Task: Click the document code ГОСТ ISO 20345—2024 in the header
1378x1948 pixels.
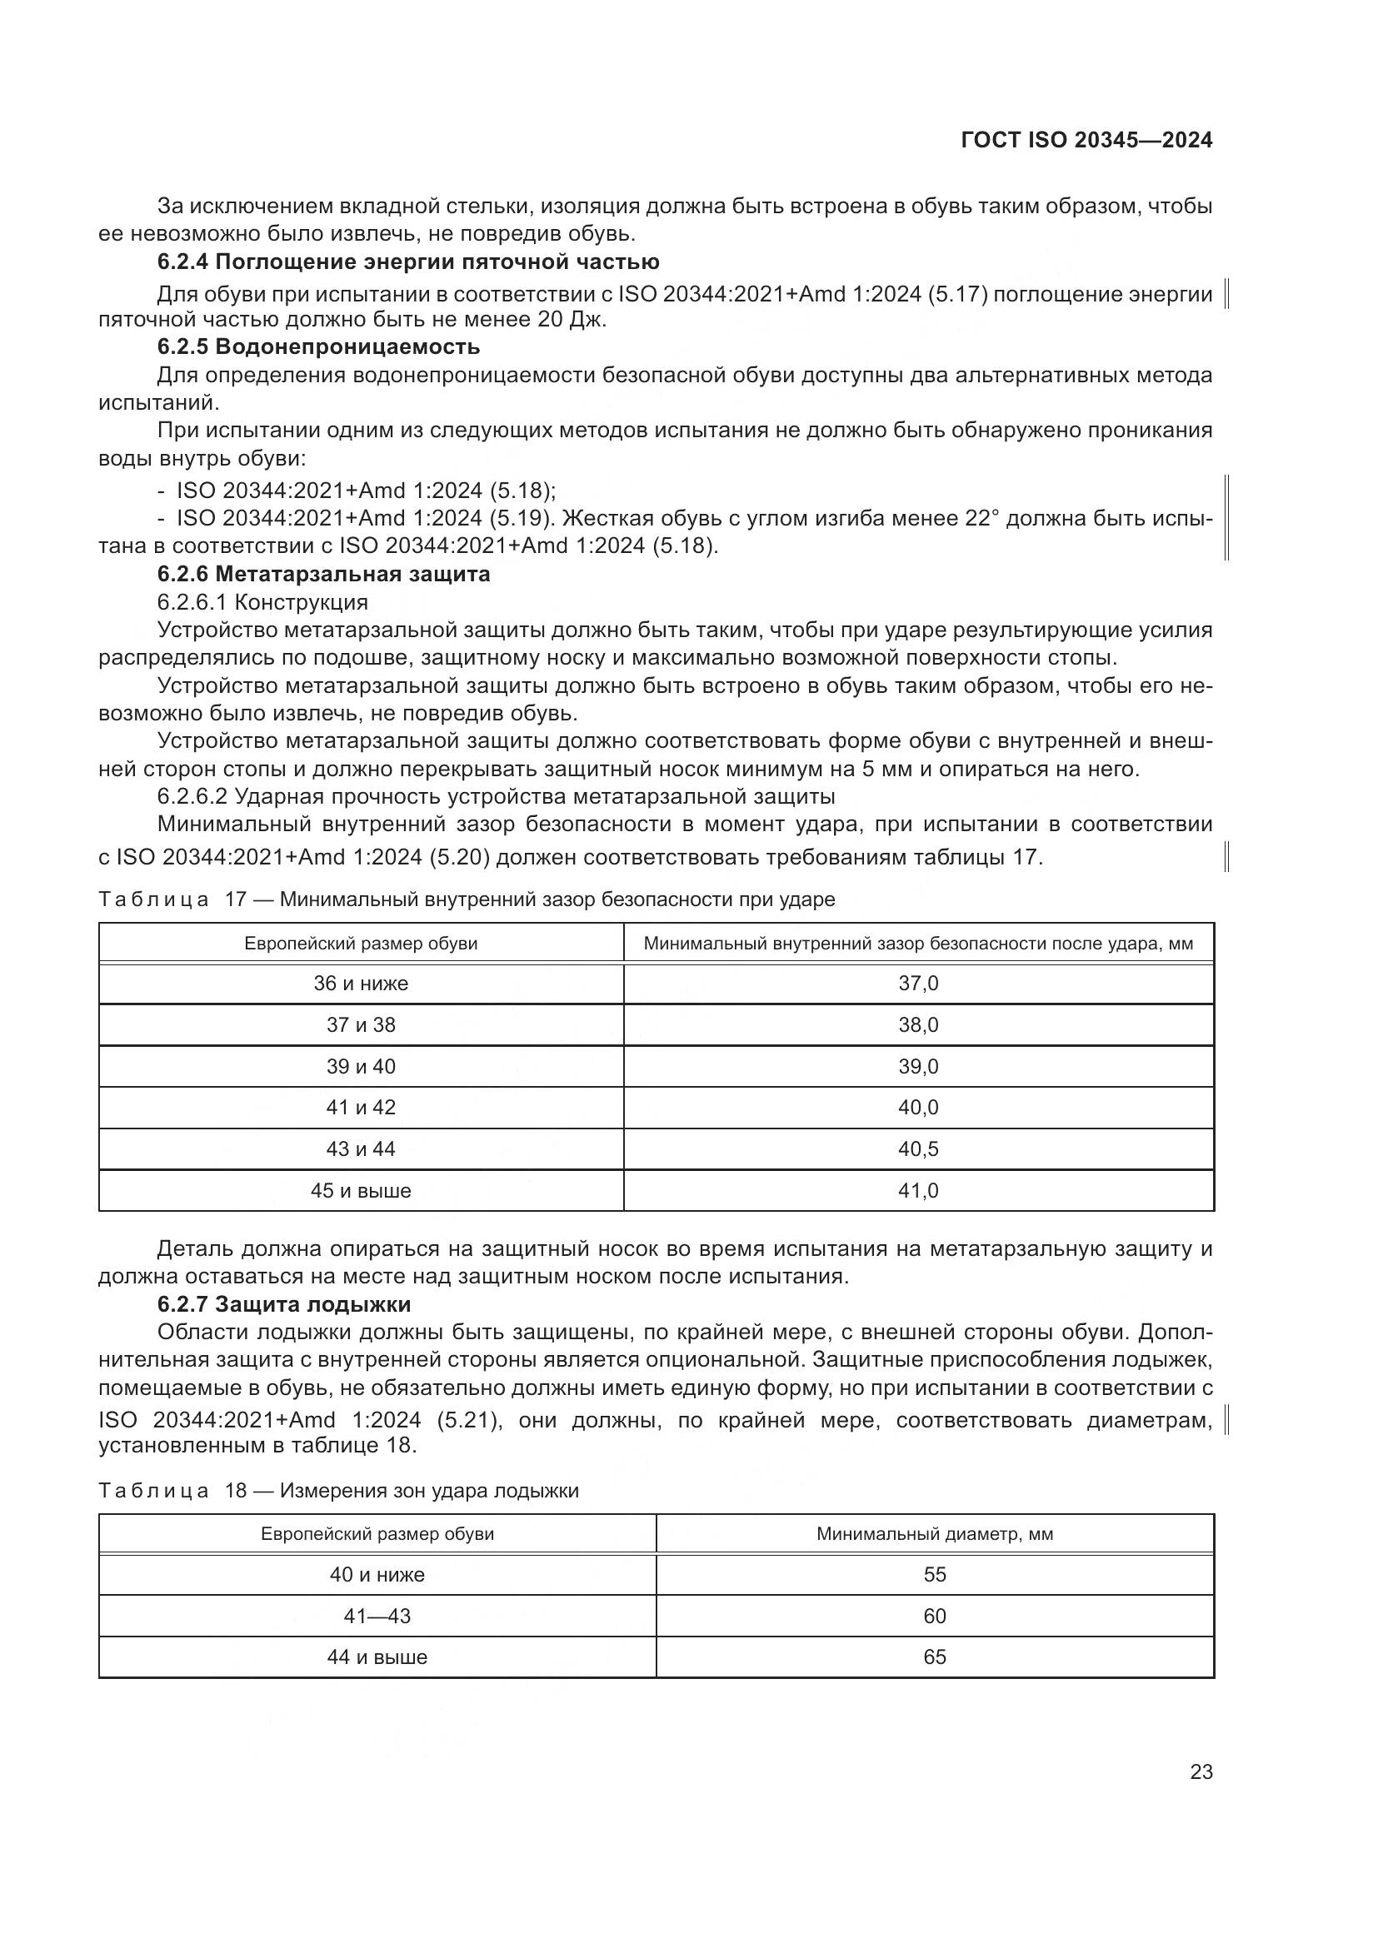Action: (1086, 140)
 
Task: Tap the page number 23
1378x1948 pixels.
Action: (1201, 1771)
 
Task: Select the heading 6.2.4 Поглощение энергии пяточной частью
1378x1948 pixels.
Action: (408, 262)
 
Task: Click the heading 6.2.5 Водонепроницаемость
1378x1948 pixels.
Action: (318, 346)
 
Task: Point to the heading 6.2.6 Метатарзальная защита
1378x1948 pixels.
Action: (323, 574)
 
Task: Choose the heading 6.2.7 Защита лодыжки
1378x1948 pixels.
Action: (284, 1304)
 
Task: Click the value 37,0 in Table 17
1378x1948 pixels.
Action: (918, 984)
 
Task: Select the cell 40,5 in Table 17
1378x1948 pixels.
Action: (918, 1148)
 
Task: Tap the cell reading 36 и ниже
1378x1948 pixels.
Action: (361, 984)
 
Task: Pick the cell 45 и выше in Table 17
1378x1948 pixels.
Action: (361, 1190)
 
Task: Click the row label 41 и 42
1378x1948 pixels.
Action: (361, 1107)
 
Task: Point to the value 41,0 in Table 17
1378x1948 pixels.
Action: (918, 1190)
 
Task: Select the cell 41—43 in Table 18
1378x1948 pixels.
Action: (377, 1617)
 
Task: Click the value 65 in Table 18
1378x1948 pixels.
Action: (934, 1657)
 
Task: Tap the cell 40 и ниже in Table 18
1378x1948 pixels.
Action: (377, 1575)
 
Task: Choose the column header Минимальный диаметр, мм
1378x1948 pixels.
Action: (934, 1534)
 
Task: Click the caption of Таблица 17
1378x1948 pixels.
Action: (467, 899)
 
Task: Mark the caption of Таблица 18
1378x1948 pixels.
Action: (338, 1491)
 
